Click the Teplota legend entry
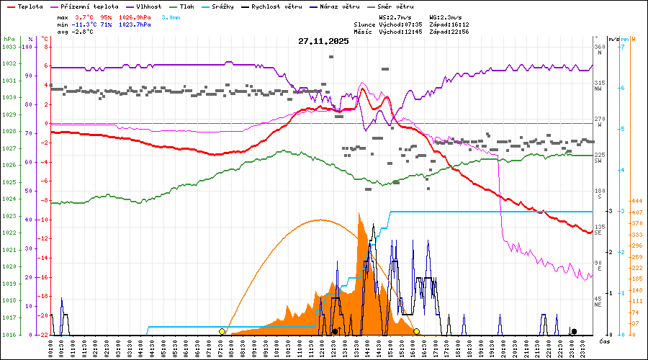28,6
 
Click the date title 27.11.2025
323,41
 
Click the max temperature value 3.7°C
84,17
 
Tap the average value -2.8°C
84,31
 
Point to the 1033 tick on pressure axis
9,47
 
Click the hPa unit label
9,39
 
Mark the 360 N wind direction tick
599,50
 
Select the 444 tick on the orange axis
636,201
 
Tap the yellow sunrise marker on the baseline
222,331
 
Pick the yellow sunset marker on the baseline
417,331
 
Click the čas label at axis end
604,341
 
